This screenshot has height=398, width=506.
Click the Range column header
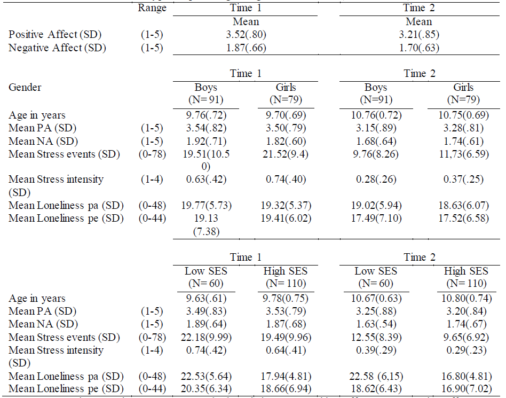coord(152,8)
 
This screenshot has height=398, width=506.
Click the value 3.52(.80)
coord(246,35)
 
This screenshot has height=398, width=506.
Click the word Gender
coord(25,87)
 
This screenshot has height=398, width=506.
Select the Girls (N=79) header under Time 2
coord(462,93)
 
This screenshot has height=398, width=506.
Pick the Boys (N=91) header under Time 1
coord(205,93)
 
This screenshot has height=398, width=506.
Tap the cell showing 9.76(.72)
coord(205,115)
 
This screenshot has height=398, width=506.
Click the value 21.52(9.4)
coord(286,154)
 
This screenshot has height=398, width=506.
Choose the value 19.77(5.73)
coord(205,205)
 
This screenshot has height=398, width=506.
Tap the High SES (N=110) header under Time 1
coord(286,277)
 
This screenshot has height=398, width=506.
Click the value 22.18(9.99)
coord(205,338)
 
